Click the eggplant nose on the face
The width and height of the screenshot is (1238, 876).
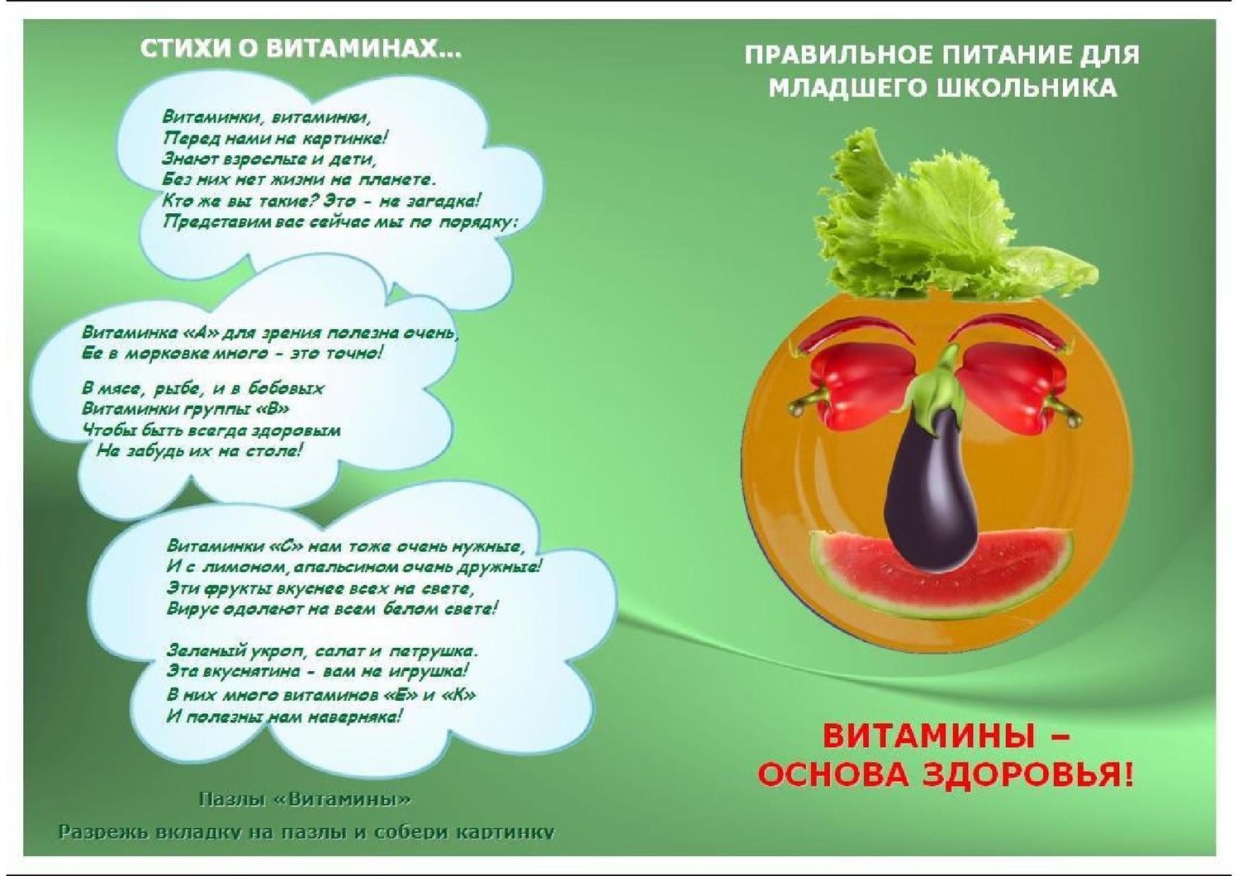pyautogui.click(x=933, y=487)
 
